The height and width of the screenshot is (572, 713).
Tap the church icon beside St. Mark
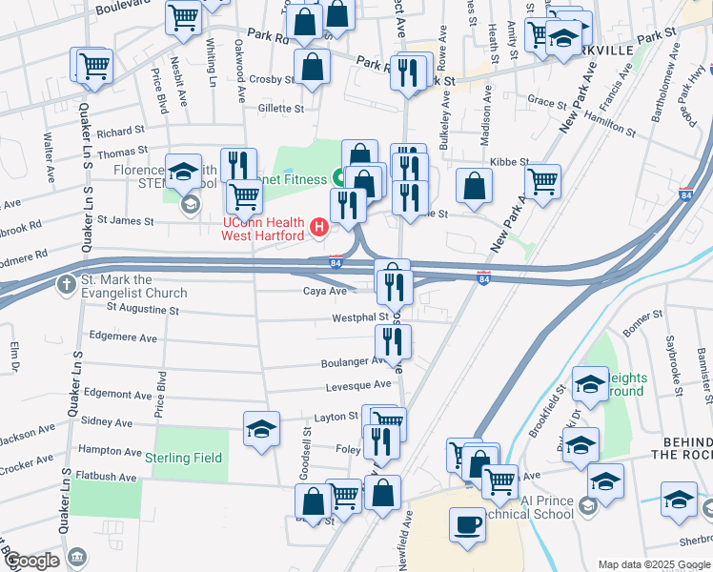click(65, 284)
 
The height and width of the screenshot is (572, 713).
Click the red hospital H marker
click(319, 228)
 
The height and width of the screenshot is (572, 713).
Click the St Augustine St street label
click(142, 308)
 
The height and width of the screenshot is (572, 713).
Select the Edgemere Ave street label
click(122, 337)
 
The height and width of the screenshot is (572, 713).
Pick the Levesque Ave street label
click(358, 385)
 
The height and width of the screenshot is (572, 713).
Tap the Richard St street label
click(120, 133)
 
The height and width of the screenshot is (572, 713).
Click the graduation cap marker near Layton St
click(261, 428)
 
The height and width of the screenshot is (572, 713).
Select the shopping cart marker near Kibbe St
click(542, 181)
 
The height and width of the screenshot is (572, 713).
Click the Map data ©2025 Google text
click(653, 563)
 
